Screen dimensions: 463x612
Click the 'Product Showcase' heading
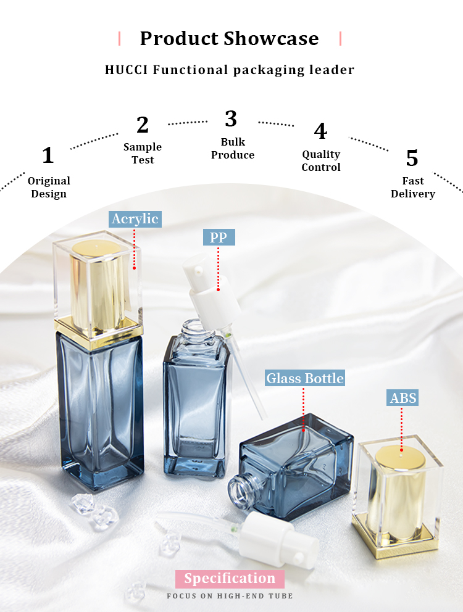[x=230, y=38]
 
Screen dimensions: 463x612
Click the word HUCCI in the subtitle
[x=126, y=70]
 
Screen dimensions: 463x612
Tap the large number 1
[x=48, y=155]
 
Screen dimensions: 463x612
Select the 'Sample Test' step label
[x=143, y=153]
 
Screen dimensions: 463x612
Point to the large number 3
[x=231, y=118]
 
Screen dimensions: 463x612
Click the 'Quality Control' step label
[x=321, y=160]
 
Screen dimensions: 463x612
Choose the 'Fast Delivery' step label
[x=413, y=187]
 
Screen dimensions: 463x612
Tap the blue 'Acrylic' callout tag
[x=135, y=219]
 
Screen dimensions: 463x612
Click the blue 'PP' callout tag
[x=219, y=238]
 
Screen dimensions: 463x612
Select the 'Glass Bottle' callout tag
[x=305, y=378]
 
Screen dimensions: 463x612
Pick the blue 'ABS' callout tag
[x=403, y=398]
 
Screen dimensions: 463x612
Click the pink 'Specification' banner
[x=230, y=579]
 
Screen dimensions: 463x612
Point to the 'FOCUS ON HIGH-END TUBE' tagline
[x=230, y=596]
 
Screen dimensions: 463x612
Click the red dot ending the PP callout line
[x=218, y=289]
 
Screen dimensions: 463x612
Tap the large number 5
[x=412, y=158]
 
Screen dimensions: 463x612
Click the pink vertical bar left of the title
[x=120, y=39]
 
